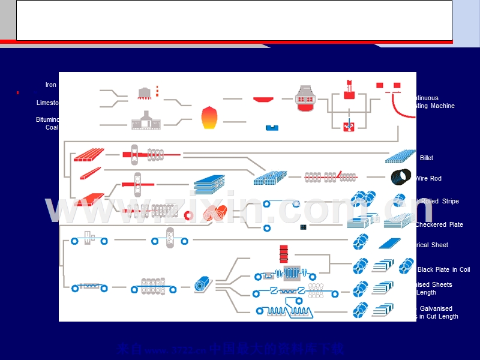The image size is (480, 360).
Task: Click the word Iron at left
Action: pyautogui.click(x=51, y=85)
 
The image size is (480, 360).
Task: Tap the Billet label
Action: pyautogui.click(x=427, y=158)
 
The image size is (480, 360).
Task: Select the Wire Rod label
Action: pyautogui.click(x=428, y=178)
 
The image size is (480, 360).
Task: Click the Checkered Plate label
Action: pyautogui.click(x=439, y=224)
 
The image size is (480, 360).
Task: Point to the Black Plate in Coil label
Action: pyautogui.click(x=443, y=270)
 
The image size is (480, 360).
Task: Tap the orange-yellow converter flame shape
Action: pyautogui.click(x=208, y=118)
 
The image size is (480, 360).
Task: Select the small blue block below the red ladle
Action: pyautogui.click(x=272, y=127)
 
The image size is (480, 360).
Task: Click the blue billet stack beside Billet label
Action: pyautogui.click(x=400, y=157)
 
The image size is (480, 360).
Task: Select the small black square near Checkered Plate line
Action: pyautogui.click(x=304, y=227)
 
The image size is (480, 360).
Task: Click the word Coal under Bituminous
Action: pyautogui.click(x=52, y=127)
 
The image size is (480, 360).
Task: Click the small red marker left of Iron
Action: pyautogui.click(x=18, y=92)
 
